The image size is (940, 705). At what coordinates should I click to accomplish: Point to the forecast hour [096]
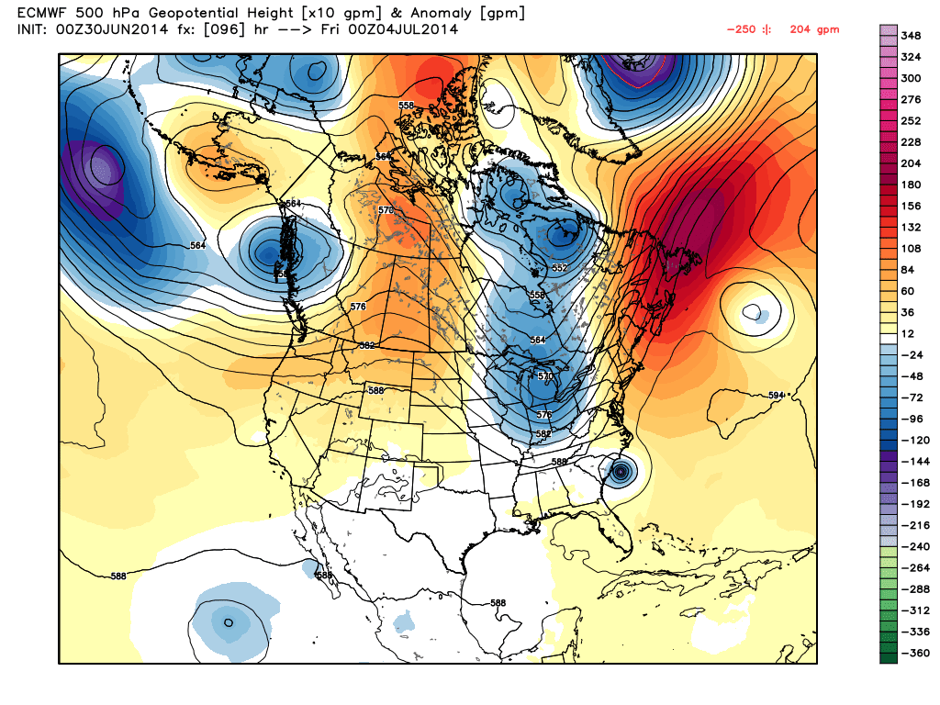coord(214,30)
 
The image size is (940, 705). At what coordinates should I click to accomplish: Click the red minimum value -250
coord(740,30)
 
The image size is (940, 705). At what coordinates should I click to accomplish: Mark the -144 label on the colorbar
coord(912,460)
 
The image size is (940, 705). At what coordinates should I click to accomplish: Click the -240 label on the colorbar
coord(912,545)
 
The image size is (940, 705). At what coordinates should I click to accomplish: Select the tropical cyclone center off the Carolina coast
coord(621,472)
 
